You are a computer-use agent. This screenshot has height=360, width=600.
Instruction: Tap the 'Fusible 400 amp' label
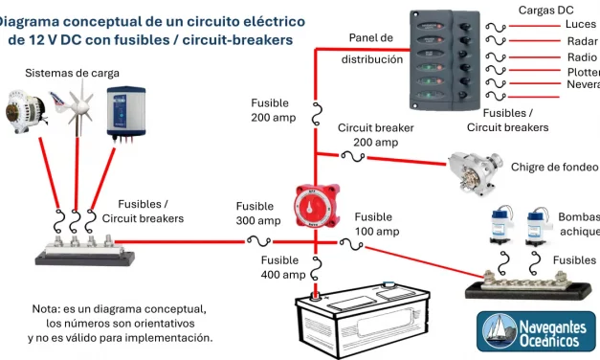(x=284, y=267)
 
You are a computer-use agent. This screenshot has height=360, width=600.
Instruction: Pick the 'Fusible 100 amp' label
(x=376, y=224)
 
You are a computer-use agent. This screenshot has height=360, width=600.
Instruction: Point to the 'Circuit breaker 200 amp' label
(x=375, y=135)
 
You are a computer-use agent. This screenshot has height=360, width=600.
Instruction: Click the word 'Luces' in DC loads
(x=580, y=24)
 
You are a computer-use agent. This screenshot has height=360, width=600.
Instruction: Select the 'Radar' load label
(x=582, y=41)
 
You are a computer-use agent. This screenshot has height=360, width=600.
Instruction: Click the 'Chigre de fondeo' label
(x=554, y=167)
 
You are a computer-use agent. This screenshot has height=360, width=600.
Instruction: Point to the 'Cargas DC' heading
(x=552, y=9)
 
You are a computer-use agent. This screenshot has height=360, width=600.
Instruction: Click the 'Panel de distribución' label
(x=371, y=48)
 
